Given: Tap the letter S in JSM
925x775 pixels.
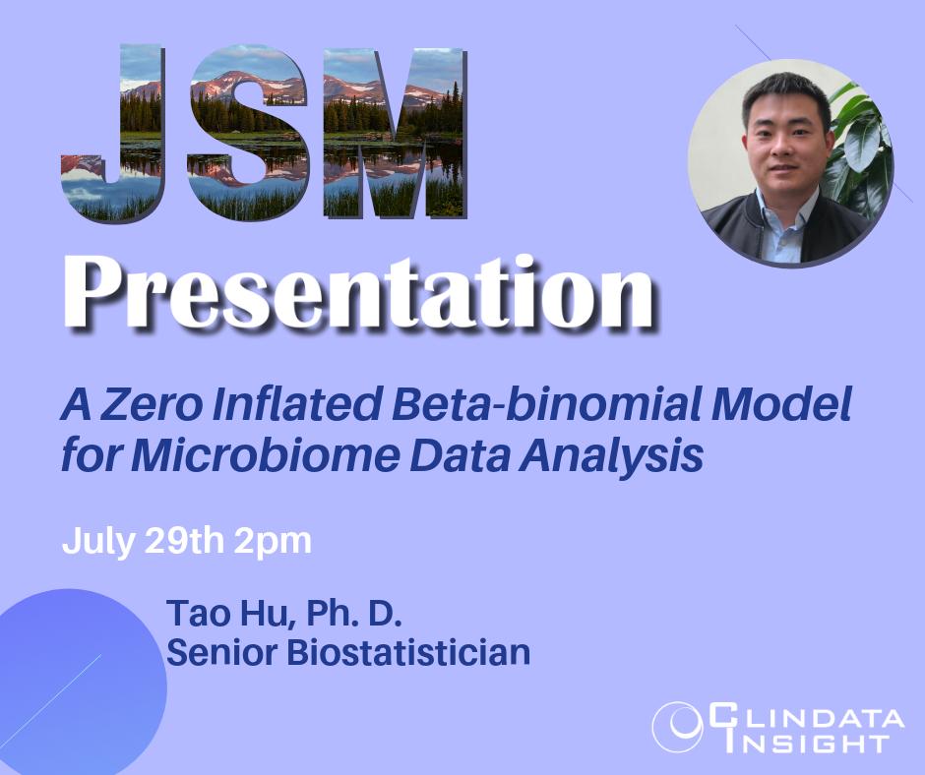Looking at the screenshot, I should point(246,133).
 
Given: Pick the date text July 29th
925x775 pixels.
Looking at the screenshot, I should point(146,541).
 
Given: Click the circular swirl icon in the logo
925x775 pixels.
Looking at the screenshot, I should point(676,727).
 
